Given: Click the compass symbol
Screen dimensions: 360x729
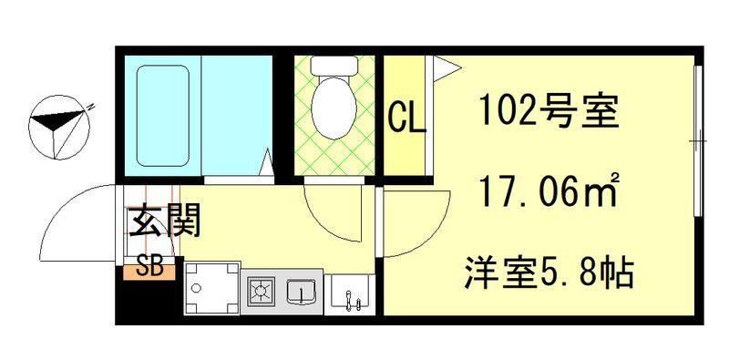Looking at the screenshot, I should (61, 129).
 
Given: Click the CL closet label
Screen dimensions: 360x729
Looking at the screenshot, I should (406, 117).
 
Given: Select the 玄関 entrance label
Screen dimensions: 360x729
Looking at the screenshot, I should (164, 221).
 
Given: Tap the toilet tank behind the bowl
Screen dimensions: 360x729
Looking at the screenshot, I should (334, 66).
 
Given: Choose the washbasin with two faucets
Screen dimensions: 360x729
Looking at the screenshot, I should (351, 293).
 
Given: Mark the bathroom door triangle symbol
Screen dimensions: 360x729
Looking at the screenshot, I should (268, 164).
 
